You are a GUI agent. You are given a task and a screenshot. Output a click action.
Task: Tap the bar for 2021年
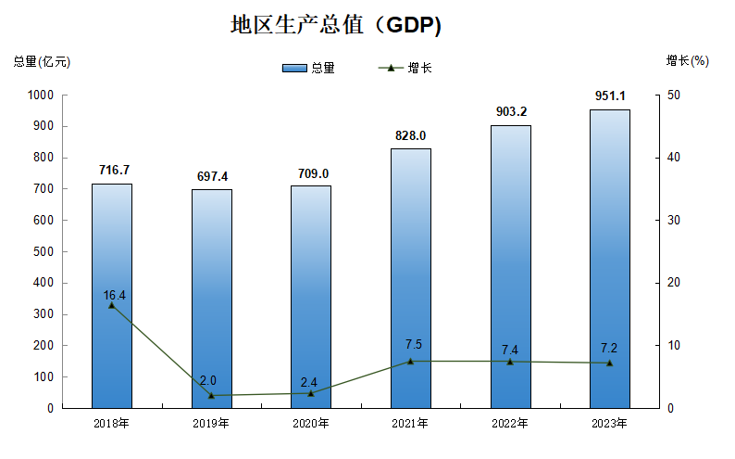pos(410,278)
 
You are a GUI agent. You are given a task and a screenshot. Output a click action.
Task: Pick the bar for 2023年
pos(609,259)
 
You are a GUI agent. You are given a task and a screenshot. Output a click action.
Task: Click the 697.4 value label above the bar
pos(211,176)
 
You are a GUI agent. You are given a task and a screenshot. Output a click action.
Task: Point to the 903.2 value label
pos(510,112)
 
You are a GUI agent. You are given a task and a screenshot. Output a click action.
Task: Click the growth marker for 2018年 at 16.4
pos(111,305)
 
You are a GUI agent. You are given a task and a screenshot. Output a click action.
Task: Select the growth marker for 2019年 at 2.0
pos(211,395)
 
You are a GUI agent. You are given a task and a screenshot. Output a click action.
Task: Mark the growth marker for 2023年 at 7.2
pos(609,363)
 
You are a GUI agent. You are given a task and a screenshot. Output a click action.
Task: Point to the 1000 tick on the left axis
pos(40,95)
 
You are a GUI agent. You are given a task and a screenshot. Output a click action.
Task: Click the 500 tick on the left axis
pos(43,251)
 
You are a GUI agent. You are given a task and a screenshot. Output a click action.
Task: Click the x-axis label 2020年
pos(310,424)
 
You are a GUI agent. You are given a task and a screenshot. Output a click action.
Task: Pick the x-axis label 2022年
pos(510,424)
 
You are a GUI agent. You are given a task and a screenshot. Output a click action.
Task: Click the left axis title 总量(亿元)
pos(41,62)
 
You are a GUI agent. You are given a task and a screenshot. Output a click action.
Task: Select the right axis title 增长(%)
pos(687,61)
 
